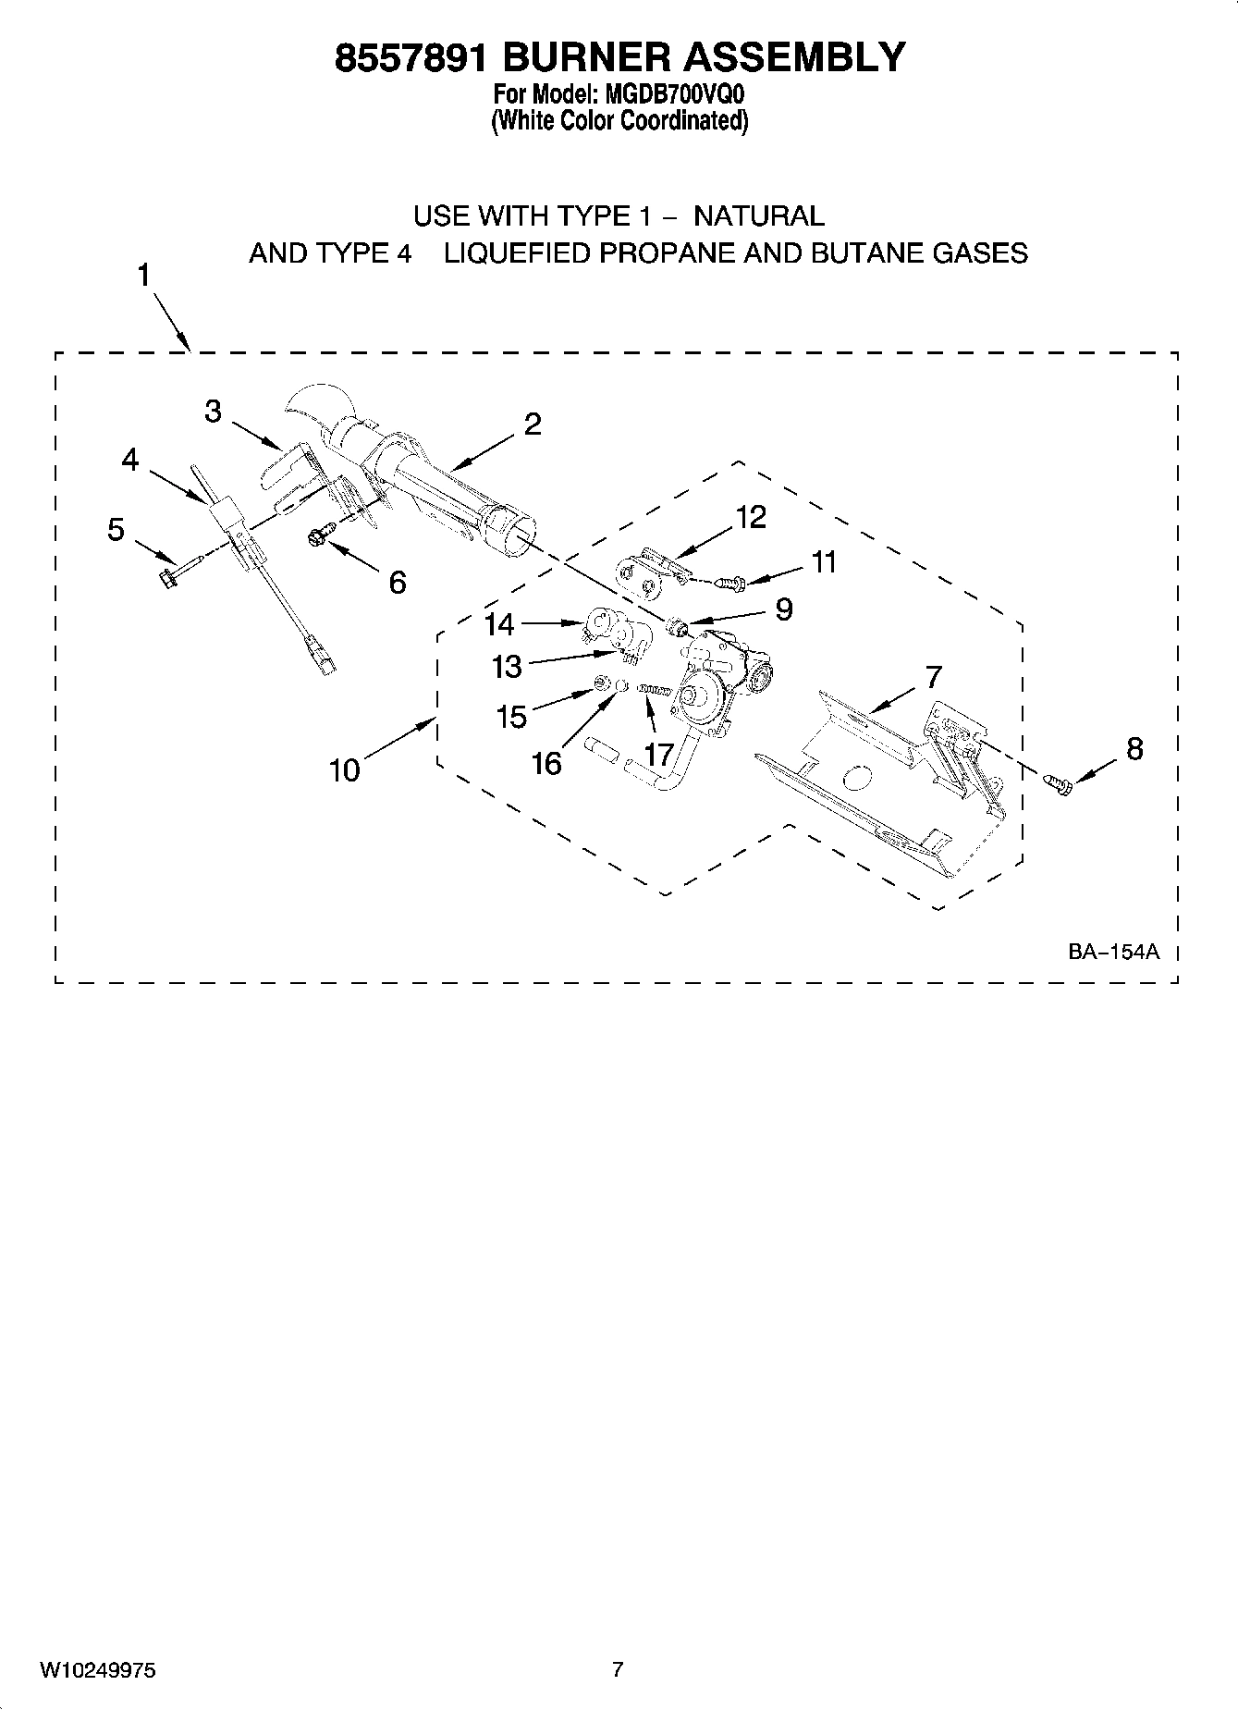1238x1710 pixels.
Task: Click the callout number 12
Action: (x=751, y=517)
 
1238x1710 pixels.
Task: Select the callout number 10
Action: (x=345, y=769)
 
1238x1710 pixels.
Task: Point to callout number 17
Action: (x=658, y=754)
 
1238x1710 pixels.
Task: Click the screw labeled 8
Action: (x=1059, y=783)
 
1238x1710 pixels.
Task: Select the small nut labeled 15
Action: (x=600, y=683)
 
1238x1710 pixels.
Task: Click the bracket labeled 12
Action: (x=651, y=573)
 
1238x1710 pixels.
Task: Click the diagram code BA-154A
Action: (x=1113, y=951)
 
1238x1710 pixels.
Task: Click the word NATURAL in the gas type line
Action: (x=758, y=216)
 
